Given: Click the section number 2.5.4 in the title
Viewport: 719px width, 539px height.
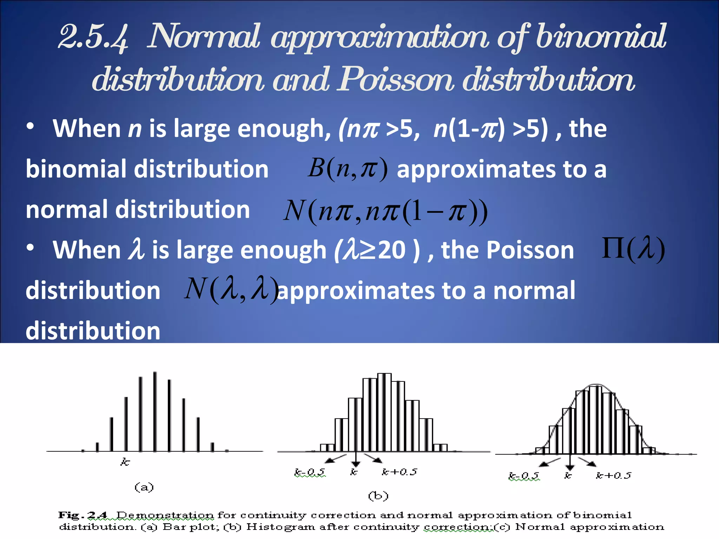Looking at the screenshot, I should coord(93,37).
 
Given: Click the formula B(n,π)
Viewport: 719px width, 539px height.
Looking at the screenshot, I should coord(348,168).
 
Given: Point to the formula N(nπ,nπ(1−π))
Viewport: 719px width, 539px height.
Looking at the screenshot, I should coord(385,211).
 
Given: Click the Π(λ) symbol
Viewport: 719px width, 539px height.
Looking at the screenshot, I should coord(633,249).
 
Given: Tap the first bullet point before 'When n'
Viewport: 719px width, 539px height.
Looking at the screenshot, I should coord(31,126).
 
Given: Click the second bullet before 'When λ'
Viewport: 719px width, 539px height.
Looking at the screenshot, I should coord(31,248).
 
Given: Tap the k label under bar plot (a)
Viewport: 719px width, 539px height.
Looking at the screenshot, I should coord(125,462).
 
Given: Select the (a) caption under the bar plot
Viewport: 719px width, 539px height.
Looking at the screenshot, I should coord(144,487).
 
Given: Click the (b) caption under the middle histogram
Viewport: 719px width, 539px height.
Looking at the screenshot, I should coord(378,495).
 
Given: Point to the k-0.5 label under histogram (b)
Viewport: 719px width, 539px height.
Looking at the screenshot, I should coord(310,472).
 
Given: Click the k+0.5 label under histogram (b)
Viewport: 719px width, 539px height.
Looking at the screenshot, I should coord(400,472).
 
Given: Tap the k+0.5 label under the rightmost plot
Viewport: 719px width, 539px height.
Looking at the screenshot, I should coord(613,475).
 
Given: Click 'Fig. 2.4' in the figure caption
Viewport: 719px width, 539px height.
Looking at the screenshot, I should coord(83,515).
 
